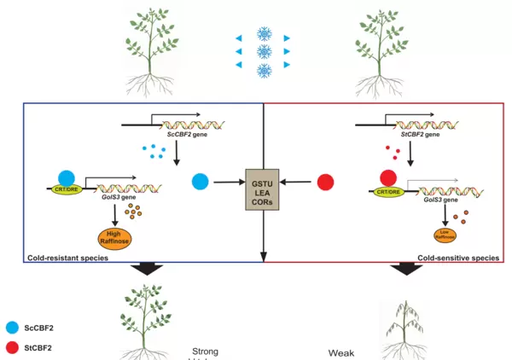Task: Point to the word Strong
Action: click(x=210, y=350)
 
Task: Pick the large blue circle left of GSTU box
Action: click(x=201, y=181)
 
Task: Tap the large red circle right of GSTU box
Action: click(x=325, y=181)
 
